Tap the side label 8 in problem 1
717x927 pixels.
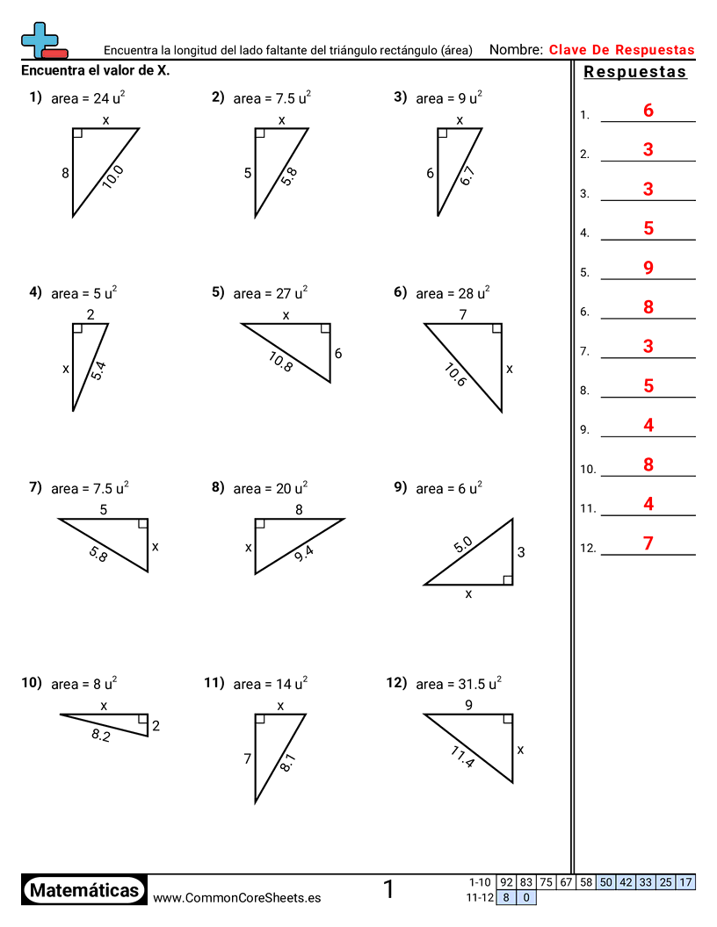(x=65, y=174)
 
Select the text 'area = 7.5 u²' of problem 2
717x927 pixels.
(x=272, y=98)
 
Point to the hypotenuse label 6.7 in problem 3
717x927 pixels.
(x=467, y=176)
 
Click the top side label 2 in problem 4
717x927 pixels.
(x=90, y=314)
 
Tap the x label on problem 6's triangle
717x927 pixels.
(x=510, y=369)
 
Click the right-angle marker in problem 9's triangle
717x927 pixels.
(x=508, y=578)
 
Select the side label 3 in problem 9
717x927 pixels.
(x=521, y=552)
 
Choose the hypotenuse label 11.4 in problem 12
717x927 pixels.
(x=462, y=757)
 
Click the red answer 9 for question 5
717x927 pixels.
(x=648, y=268)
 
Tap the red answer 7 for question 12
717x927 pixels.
(x=648, y=543)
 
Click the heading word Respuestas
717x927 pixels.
(x=635, y=72)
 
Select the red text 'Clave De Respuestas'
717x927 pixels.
(x=621, y=50)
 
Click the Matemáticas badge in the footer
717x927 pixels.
(x=84, y=890)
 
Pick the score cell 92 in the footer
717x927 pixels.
(x=506, y=882)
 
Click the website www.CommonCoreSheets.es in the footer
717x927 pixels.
(x=236, y=897)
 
